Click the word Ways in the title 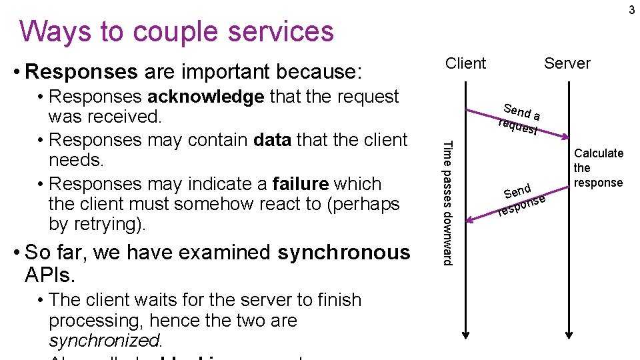tap(53, 31)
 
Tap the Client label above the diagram tap(465, 63)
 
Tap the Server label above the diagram tap(567, 63)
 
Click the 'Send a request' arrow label tap(520, 119)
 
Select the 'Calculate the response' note tap(598, 168)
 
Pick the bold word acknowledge tap(205, 97)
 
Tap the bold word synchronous tap(344, 253)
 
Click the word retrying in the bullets tap(106, 225)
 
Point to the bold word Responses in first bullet tap(81, 71)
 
